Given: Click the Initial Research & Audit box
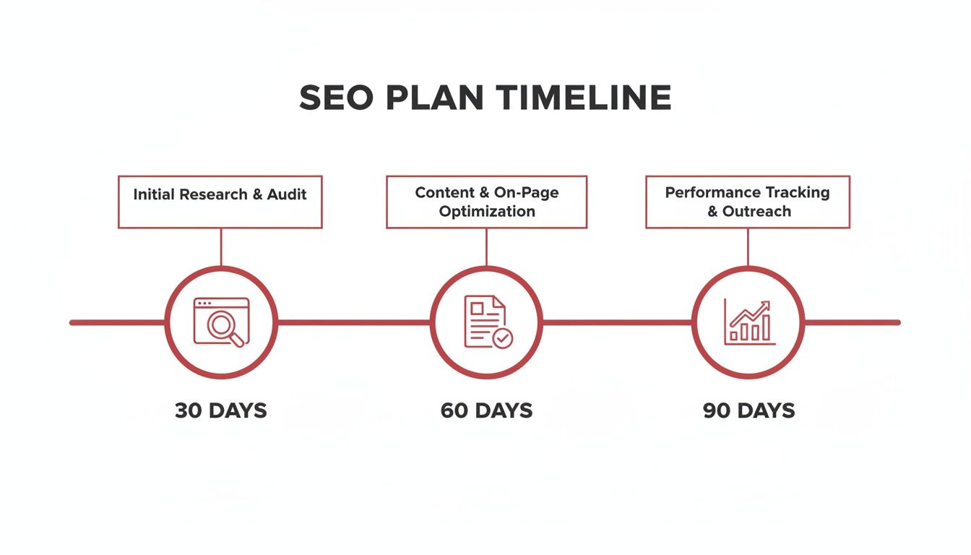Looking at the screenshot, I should pyautogui.click(x=220, y=202).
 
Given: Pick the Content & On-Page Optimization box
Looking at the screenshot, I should pyautogui.click(x=486, y=202).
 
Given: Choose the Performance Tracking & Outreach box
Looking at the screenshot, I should pyautogui.click(x=748, y=202).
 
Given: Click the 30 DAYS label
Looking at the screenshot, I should pyautogui.click(x=220, y=411).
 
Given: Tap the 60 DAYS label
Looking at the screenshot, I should pyautogui.click(x=486, y=411).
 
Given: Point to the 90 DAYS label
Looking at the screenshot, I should pyautogui.click(x=748, y=411).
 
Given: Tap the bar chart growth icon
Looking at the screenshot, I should pyautogui.click(x=749, y=322).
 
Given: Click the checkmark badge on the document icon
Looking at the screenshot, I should pyautogui.click(x=501, y=337).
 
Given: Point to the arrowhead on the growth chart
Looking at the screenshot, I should pyautogui.click(x=765, y=306).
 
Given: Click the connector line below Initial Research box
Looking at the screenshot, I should pyautogui.click(x=220, y=247).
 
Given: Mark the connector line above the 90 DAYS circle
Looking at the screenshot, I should pyautogui.click(x=748, y=247).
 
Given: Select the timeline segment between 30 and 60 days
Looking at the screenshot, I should pyautogui.click(x=354, y=322).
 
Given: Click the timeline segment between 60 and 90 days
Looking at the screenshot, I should pyautogui.click(x=618, y=322).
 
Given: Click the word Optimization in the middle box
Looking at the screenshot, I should pyautogui.click(x=487, y=212).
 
